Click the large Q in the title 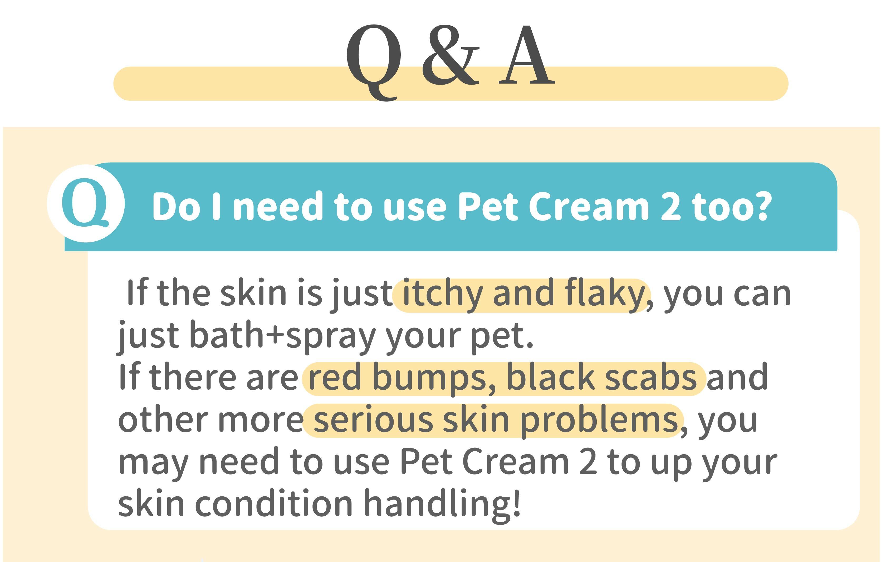click(x=373, y=62)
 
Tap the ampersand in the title click(x=450, y=55)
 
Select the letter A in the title click(x=527, y=55)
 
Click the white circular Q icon click(x=86, y=203)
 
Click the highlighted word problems click(x=599, y=421)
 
